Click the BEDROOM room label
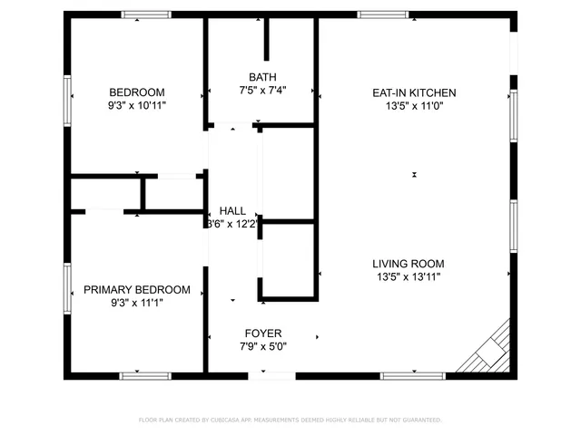point(137,92)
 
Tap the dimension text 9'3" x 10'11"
point(137,105)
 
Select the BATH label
point(262,77)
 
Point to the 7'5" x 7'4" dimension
point(262,91)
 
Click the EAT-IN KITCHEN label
point(414,92)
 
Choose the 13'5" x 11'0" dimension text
point(414,105)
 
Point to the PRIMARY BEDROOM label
point(137,289)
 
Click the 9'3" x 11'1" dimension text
point(137,303)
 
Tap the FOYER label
point(261,333)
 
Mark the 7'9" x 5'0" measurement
point(261,346)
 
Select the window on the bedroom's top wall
point(146,14)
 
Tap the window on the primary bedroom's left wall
point(67,288)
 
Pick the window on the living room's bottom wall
point(412,375)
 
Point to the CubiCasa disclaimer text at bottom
point(290,420)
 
